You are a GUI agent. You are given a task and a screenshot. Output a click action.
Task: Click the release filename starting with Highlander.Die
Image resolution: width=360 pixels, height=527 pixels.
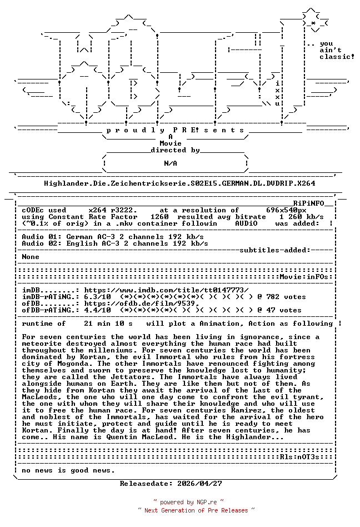179,183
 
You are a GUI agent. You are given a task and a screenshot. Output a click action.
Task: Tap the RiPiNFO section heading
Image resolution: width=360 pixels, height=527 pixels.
313,203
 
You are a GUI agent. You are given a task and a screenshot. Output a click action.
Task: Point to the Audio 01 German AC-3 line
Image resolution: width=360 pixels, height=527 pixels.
115,237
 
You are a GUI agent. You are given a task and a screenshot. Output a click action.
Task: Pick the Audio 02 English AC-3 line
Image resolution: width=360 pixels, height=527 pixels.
115,243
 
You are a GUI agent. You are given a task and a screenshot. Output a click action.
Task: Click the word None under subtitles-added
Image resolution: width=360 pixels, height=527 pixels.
31,257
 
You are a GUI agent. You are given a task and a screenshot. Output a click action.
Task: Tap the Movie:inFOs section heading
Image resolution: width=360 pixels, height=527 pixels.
306,276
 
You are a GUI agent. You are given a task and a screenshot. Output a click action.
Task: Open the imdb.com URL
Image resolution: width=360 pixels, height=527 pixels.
166,290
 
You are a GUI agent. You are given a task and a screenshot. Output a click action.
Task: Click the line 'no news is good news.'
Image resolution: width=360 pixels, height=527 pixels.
68,470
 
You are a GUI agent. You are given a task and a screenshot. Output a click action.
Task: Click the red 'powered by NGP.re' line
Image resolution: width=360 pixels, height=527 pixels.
188,502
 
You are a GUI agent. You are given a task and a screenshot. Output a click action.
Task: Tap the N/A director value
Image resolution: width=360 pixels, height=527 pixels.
171,163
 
